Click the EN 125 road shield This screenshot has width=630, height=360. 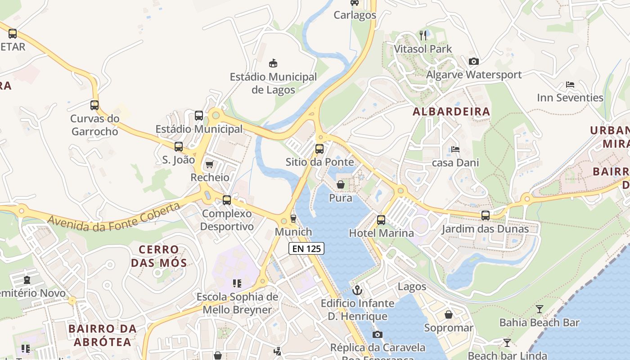(306, 248)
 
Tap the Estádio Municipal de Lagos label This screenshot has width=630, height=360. (273, 83)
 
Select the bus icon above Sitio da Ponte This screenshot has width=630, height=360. (319, 148)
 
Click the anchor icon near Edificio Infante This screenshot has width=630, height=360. (357, 290)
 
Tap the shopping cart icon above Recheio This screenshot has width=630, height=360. (209, 164)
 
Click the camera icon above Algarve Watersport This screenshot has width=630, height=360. (473, 61)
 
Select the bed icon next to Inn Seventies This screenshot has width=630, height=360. (570, 85)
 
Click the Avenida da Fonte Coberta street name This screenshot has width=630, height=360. (113, 217)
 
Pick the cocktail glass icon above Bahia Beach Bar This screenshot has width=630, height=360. (539, 309)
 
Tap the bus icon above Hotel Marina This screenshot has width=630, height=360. (381, 220)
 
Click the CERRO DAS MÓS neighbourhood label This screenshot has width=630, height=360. (159, 256)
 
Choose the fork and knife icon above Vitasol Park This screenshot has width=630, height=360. (423, 35)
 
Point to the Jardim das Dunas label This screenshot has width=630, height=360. (485, 229)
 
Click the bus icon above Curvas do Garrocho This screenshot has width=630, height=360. (94, 105)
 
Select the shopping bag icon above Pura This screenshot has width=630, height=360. (341, 184)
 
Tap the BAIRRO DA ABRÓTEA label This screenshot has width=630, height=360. (103, 335)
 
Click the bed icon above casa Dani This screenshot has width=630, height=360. (455, 149)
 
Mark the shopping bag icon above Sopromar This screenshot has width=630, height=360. (449, 315)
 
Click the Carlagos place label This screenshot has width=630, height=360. (355, 15)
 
